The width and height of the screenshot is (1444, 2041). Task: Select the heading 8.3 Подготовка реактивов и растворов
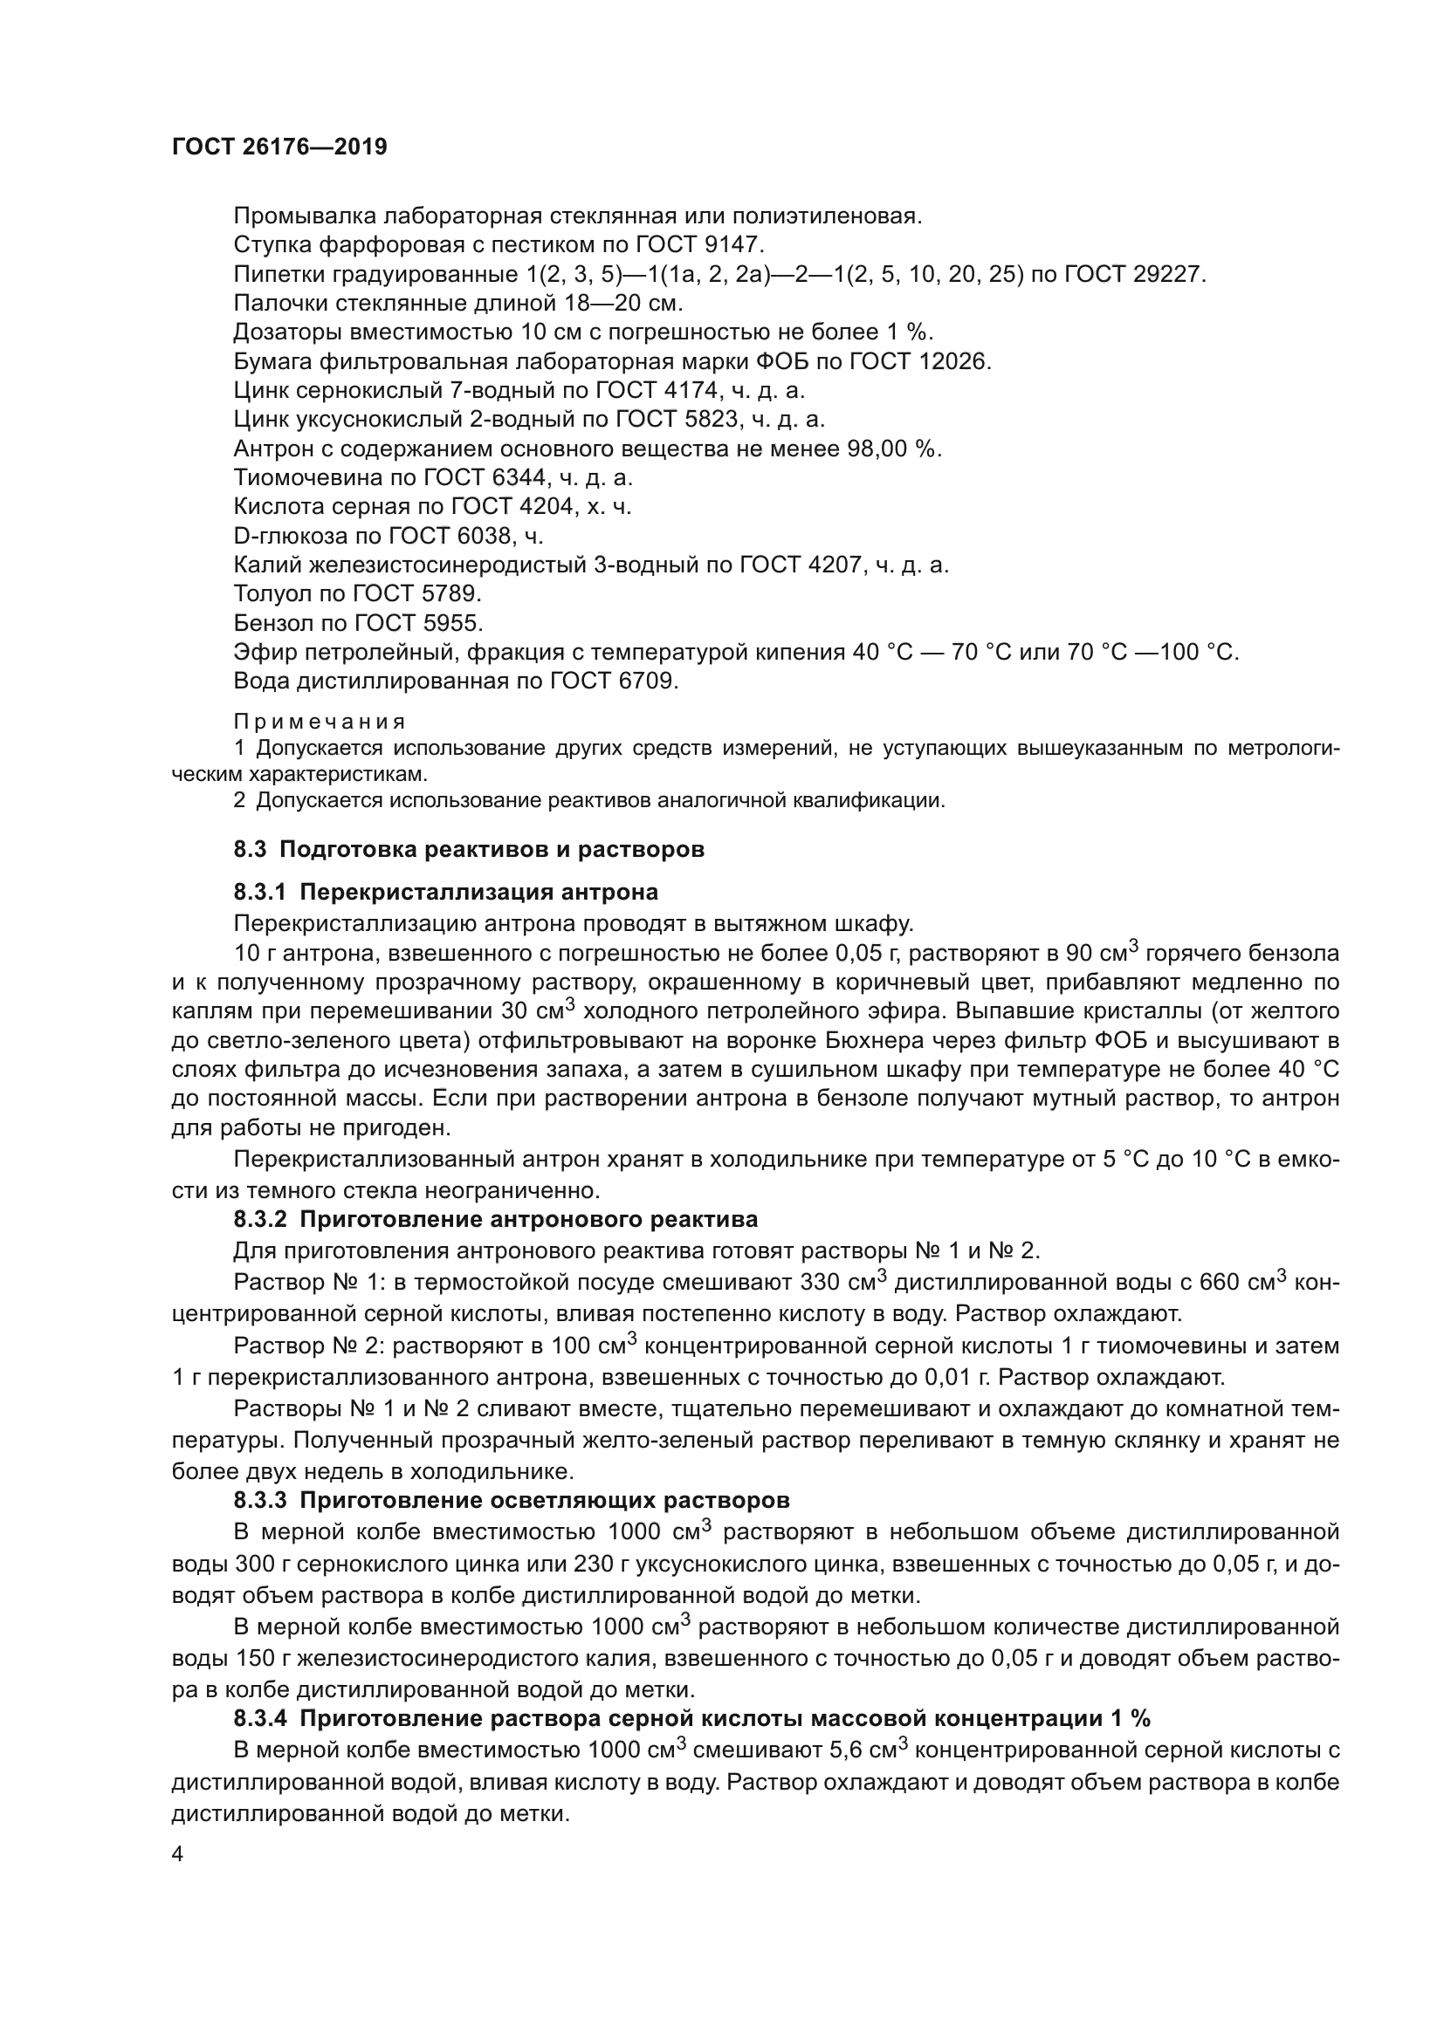469,849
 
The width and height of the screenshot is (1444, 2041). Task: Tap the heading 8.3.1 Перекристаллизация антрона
445,892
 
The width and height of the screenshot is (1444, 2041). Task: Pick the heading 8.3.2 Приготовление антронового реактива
495,1218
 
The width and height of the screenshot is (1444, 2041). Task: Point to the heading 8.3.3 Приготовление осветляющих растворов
512,1501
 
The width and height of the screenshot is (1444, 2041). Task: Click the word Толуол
272,594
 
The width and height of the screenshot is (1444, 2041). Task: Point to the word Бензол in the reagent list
272,623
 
